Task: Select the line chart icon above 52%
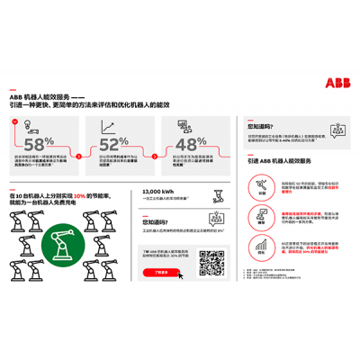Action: point(106,129)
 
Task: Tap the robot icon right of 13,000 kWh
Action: point(215,193)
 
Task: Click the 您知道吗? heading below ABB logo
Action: point(260,126)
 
